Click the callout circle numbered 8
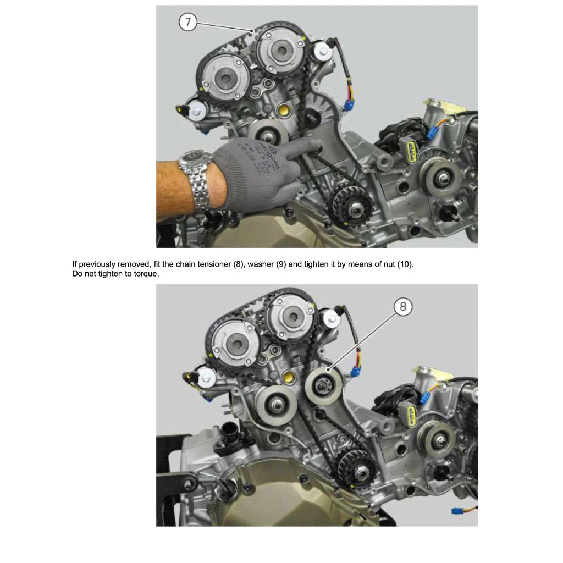coord(403,307)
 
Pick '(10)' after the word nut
coord(404,264)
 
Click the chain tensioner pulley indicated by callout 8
coord(323,386)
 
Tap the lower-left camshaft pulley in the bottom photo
coord(231,344)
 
